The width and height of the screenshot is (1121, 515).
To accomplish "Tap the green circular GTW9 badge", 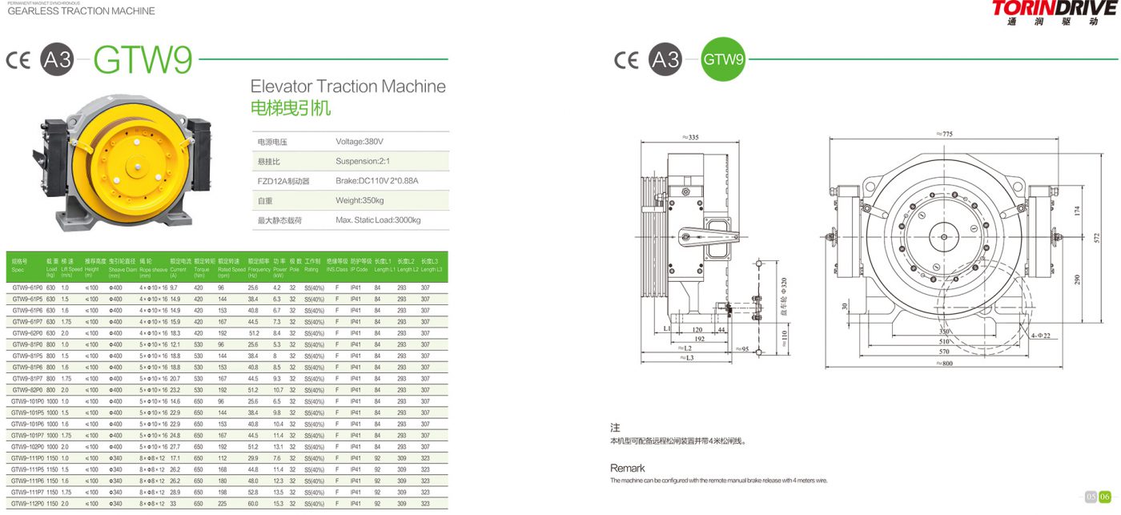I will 724,59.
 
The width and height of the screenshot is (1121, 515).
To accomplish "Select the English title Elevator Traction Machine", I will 348,87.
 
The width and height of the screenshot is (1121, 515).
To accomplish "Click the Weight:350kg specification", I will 360,200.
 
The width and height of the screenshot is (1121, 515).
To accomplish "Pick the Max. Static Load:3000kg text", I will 378,219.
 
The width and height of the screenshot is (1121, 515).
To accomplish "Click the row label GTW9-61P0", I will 27,288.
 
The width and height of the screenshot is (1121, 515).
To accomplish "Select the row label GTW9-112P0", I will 28,504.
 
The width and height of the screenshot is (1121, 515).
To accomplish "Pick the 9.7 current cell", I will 174,288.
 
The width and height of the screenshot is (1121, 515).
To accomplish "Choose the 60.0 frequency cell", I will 254,504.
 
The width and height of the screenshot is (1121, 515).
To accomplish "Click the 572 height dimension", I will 1095,238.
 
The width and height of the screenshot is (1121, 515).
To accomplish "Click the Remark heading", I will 627,468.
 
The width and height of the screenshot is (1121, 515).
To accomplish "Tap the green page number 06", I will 1105,497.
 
